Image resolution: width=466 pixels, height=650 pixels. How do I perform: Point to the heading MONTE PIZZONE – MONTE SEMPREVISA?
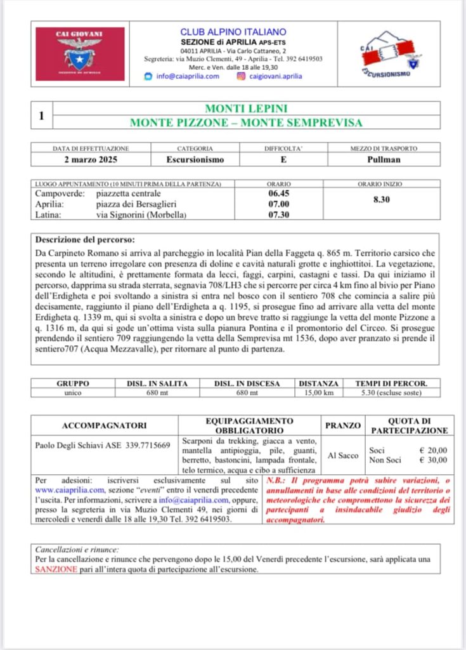tap(246, 123)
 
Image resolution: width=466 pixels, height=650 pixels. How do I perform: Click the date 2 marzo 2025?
tap(91, 159)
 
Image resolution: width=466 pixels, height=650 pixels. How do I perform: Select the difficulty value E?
tap(283, 159)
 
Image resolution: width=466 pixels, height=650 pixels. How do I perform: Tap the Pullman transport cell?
tap(384, 159)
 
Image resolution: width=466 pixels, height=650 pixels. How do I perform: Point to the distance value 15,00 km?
tap(320, 393)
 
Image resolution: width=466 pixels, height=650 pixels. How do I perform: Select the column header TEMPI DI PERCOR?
tap(391, 384)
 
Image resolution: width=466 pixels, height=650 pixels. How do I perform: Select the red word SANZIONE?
tap(57, 569)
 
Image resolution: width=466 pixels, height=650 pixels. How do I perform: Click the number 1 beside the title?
tap(41, 116)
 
